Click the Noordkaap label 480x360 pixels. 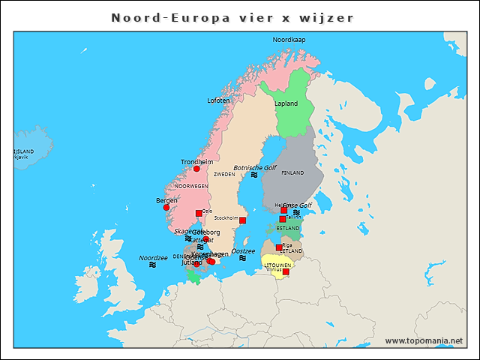pyautogui.click(x=289, y=39)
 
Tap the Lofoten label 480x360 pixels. pyautogui.click(x=219, y=100)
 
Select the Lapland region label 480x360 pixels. pyautogui.click(x=286, y=103)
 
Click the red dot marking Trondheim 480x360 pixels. pyautogui.click(x=197, y=169)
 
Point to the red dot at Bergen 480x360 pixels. pyautogui.click(x=166, y=208)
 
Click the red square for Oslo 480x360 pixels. pyautogui.click(x=199, y=213)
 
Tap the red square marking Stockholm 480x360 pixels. pyautogui.click(x=242, y=220)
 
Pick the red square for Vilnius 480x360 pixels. pyautogui.click(x=285, y=271)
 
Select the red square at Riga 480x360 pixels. pyautogui.click(x=278, y=247)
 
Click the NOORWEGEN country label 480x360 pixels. pyautogui.click(x=191, y=185)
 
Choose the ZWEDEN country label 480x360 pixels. pyautogui.click(x=224, y=174)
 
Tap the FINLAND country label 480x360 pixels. pyautogui.click(x=292, y=172)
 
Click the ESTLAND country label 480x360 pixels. pyautogui.click(x=288, y=228)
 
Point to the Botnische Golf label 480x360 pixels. pyautogui.click(x=255, y=167)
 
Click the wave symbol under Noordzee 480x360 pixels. pyautogui.click(x=153, y=265)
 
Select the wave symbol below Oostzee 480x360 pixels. pyautogui.click(x=243, y=258)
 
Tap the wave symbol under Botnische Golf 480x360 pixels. pyautogui.click(x=254, y=175)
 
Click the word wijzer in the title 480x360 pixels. pyautogui.click(x=327, y=16)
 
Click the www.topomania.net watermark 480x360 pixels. pyautogui.click(x=424, y=340)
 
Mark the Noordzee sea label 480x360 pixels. pyautogui.click(x=153, y=257)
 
